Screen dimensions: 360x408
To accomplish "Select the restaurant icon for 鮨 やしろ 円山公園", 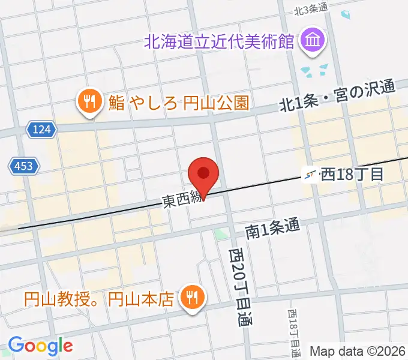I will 89,102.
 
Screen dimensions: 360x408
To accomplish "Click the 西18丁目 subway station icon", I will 310,175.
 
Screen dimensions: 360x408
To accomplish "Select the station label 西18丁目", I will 352,175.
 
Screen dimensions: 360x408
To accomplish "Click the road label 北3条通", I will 311,9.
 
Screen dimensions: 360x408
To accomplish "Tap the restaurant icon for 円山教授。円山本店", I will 192,297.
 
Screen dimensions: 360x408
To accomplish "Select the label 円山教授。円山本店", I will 102,298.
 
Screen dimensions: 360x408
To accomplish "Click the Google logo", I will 40,346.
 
